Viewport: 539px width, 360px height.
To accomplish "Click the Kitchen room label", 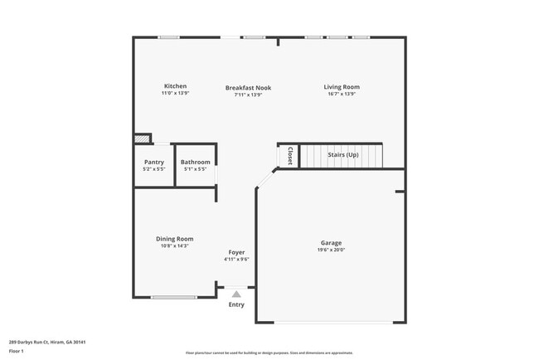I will [175, 86].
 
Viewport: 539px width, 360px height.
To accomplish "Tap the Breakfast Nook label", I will [248, 87].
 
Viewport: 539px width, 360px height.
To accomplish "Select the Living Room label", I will [342, 86].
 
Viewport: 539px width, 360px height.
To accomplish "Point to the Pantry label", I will [154, 162].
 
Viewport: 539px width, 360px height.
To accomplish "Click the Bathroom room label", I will [196, 162].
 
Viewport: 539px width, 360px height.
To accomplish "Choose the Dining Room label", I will [174, 239].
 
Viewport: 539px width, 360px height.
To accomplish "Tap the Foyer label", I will [236, 252].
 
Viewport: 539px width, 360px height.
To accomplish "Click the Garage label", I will [331, 242].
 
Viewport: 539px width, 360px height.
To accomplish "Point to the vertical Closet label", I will [289, 155].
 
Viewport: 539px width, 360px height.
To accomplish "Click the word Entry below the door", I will [236, 304].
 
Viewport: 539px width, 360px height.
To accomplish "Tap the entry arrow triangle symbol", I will [236, 294].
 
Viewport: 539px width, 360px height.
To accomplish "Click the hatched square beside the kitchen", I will [143, 140].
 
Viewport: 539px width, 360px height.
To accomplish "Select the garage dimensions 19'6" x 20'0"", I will [331, 250].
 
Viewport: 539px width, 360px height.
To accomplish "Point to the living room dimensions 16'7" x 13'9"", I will [342, 94].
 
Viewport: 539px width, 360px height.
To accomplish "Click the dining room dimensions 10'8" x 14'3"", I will [174, 246].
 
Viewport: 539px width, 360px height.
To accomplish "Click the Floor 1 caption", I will [16, 352].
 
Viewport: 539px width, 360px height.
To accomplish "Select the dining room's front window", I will [173, 297].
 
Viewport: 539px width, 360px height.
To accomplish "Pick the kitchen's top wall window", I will [169, 36].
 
